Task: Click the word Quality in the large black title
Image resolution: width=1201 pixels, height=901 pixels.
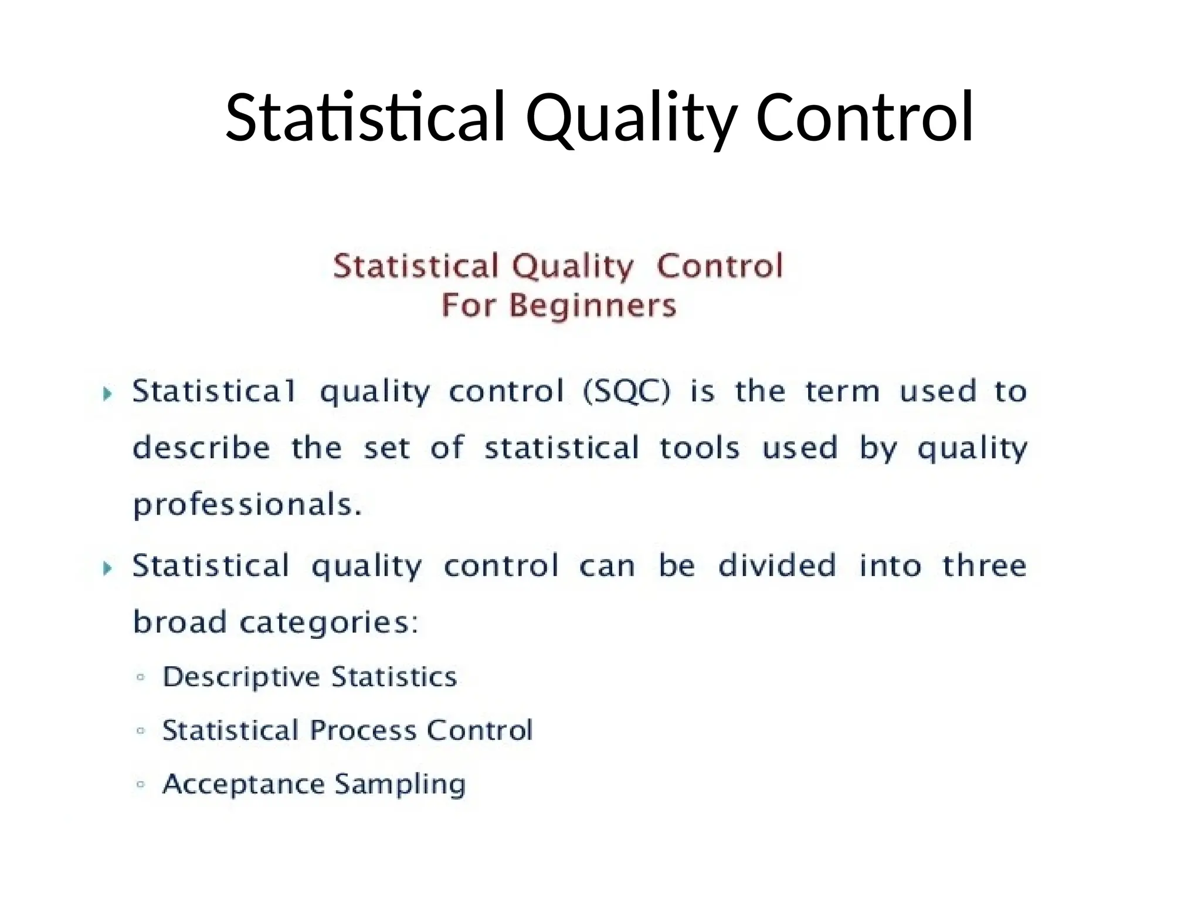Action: (630, 117)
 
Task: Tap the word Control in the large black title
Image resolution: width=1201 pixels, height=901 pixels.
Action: (865, 117)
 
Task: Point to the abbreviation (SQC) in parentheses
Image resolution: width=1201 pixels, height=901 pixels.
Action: (626, 391)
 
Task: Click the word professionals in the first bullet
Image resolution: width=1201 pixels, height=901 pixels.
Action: (247, 505)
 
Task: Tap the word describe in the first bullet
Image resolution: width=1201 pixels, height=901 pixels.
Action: (201, 448)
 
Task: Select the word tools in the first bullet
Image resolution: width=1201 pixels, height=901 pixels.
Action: (699, 448)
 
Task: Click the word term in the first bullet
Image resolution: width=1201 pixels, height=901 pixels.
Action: (842, 391)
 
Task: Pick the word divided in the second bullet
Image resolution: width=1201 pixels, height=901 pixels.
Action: (777, 565)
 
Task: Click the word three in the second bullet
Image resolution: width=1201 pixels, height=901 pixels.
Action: (985, 565)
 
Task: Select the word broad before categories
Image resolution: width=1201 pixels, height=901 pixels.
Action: (179, 621)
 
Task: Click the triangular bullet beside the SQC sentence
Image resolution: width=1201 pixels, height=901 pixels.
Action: (107, 394)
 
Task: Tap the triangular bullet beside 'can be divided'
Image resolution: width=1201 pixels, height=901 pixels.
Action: (107, 568)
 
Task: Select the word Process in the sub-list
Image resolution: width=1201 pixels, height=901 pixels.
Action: (363, 731)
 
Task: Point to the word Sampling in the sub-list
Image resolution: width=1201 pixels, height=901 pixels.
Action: (401, 784)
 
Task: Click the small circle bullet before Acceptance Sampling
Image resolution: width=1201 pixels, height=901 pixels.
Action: (140, 784)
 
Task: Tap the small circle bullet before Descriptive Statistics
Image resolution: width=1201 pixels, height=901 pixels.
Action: (140, 678)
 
